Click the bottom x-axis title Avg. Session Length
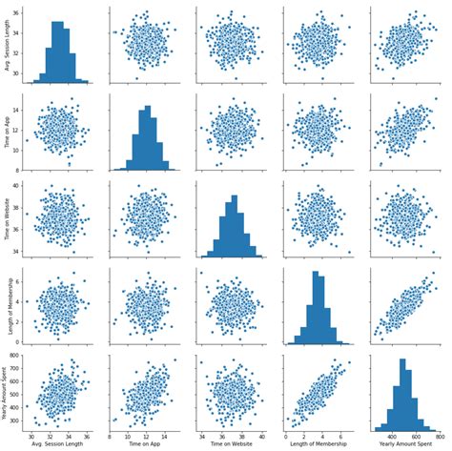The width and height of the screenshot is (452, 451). [x=59, y=444]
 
